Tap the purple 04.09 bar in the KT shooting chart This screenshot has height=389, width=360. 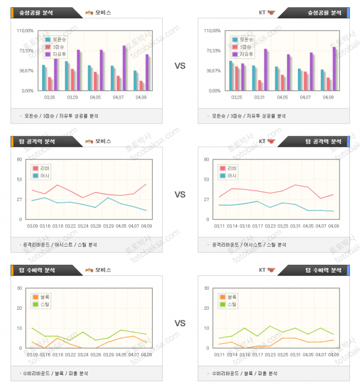point(334,69)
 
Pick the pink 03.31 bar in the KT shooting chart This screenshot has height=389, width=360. point(259,85)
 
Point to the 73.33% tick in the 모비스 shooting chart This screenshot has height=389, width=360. point(26,51)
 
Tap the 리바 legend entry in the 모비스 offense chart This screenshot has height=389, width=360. point(42,168)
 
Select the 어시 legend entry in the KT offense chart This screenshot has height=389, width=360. point(229,176)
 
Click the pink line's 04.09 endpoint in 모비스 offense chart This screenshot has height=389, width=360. point(146,184)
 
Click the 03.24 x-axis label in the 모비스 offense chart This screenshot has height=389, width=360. point(84,226)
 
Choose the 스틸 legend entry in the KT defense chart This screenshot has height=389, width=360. point(229,304)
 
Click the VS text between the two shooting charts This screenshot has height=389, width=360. point(180,66)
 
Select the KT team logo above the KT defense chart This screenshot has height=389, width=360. point(271,270)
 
